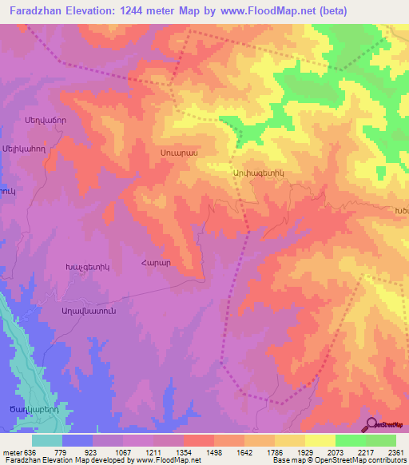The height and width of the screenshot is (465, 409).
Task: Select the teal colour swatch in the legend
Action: pos(46,440)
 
